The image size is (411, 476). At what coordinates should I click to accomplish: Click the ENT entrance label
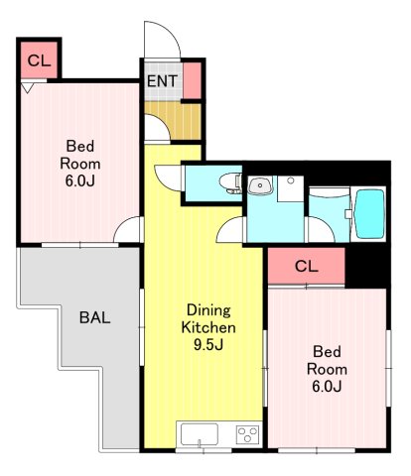point(162,81)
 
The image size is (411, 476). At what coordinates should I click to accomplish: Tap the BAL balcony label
point(94,317)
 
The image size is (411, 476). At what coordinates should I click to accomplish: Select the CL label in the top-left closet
point(39,60)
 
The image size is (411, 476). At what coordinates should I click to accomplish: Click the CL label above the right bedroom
point(307,266)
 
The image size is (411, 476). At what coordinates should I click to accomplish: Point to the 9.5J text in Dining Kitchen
point(208,345)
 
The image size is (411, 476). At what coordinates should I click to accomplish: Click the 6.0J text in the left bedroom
point(79,180)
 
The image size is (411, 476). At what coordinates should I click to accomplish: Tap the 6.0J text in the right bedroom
point(327,386)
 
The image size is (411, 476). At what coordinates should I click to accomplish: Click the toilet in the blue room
point(230,182)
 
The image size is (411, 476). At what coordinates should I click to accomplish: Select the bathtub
point(369,214)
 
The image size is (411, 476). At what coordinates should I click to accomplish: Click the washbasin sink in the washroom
point(260,185)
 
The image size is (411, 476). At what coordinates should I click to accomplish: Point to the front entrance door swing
point(162,40)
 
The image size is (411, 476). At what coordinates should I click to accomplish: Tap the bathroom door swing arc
point(321,229)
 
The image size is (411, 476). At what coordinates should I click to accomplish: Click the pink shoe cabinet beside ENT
point(192,80)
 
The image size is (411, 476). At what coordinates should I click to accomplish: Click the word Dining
point(208,310)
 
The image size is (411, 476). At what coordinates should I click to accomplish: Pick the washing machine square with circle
point(290,188)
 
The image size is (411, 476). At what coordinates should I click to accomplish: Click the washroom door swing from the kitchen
point(230,230)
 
